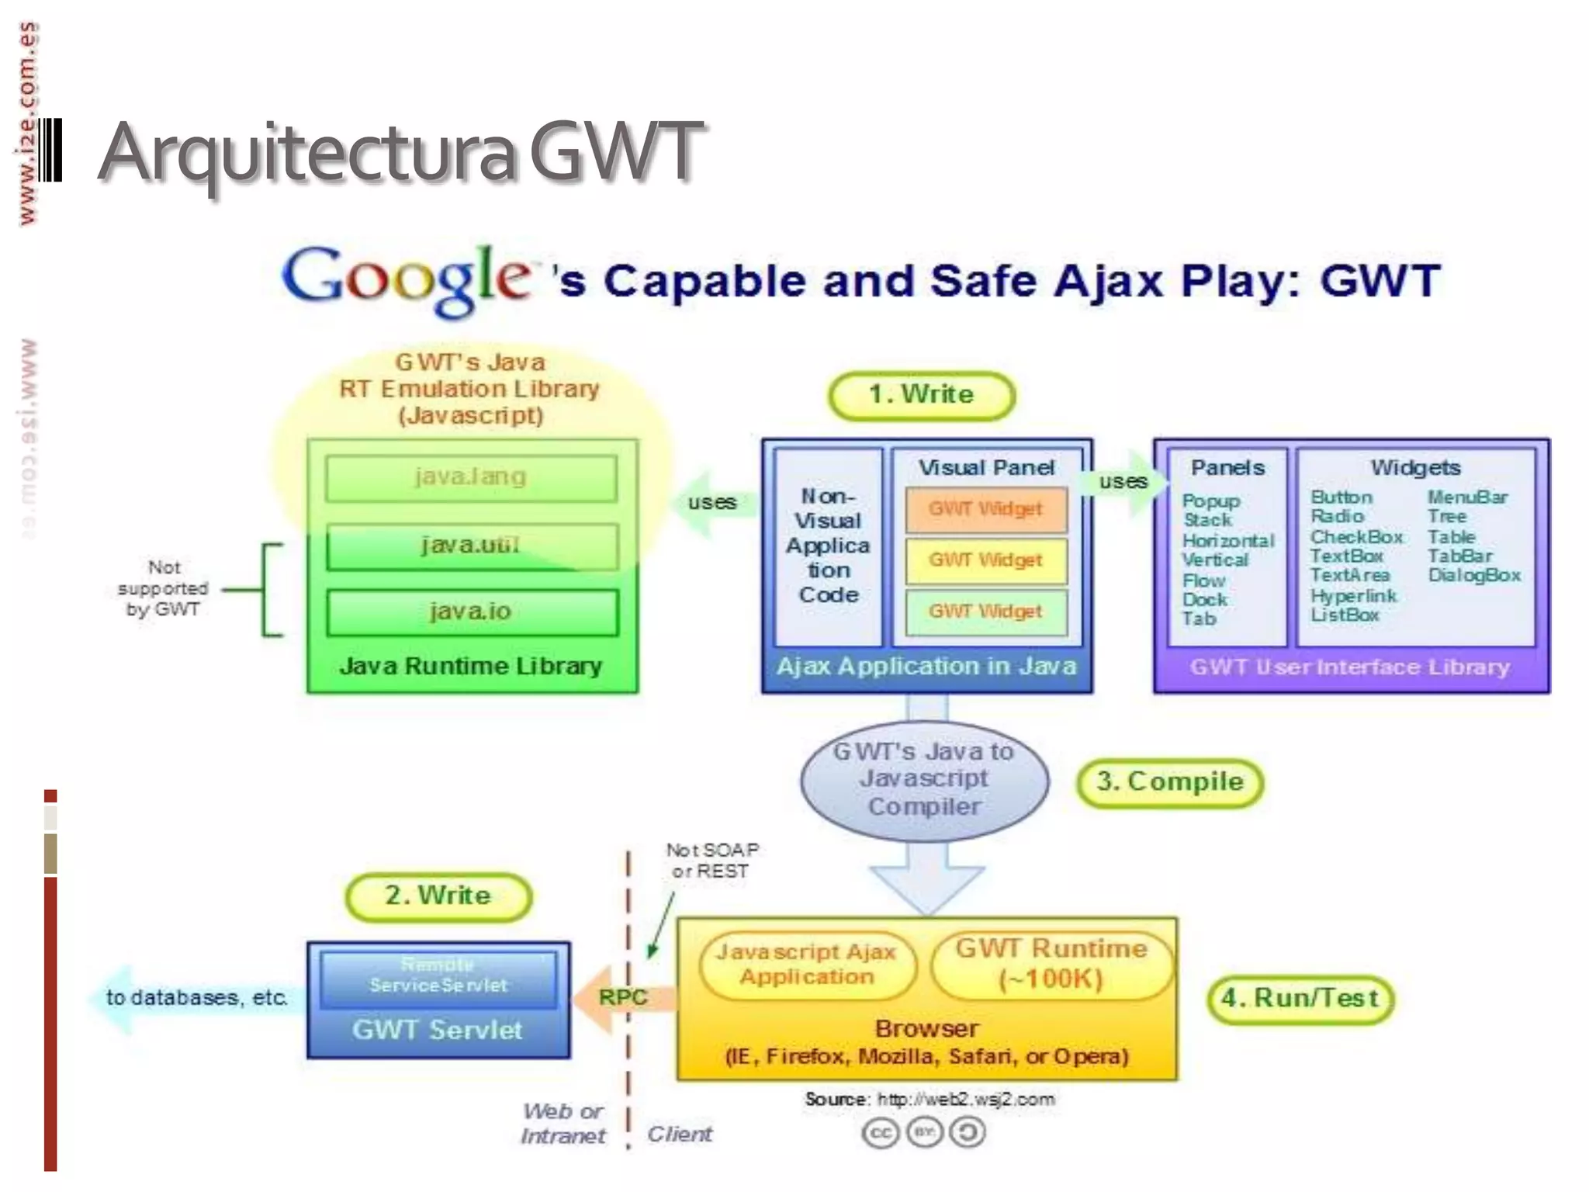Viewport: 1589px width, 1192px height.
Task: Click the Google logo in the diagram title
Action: pos(407,279)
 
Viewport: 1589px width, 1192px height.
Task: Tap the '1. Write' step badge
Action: pos(922,395)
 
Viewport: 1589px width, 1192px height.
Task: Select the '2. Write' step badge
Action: pos(438,896)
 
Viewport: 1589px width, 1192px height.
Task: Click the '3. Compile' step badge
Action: pos(1170,782)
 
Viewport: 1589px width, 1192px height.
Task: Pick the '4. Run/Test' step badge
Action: pos(1300,998)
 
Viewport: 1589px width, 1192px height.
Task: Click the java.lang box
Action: pos(471,477)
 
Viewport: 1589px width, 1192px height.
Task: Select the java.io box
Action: pos(471,612)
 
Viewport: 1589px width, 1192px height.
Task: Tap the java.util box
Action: pos(471,546)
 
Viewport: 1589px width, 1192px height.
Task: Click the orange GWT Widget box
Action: pos(985,509)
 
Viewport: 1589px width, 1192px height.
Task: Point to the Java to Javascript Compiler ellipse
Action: pos(924,779)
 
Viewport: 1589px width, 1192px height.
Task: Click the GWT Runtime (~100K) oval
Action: pos(1051,964)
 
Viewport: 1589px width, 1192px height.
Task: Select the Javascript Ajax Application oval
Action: pos(807,965)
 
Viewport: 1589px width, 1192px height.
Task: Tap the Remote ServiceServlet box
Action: pos(438,975)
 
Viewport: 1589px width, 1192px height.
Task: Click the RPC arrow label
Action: pos(623,997)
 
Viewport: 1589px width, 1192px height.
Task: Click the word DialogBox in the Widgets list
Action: pos(1474,576)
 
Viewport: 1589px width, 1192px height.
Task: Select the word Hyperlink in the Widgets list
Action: pos(1354,596)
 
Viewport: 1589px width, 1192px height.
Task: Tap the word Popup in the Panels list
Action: pos(1211,501)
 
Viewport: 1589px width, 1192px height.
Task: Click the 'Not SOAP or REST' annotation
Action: pos(711,861)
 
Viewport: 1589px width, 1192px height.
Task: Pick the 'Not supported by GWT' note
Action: pos(164,588)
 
